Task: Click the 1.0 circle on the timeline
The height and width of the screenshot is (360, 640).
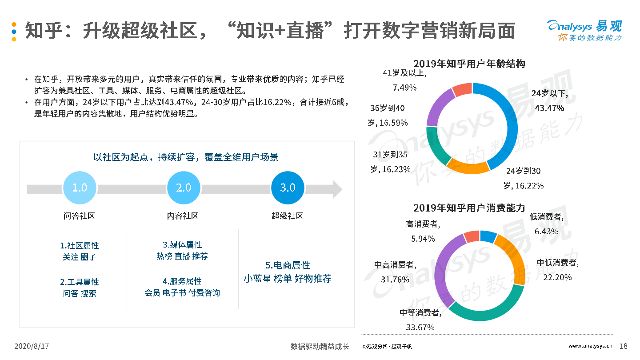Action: click(80, 188)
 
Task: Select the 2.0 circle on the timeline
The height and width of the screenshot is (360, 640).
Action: click(184, 188)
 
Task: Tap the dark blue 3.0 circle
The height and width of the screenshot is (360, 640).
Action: click(288, 188)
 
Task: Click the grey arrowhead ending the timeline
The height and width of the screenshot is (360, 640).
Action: click(337, 189)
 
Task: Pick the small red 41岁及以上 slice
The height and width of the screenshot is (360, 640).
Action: click(462, 90)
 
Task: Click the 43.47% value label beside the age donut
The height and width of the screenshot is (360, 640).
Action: click(549, 108)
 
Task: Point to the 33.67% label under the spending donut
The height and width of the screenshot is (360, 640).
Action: click(420, 327)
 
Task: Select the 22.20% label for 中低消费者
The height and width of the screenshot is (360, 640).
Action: click(557, 277)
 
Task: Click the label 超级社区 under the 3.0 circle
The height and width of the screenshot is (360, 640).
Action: click(288, 216)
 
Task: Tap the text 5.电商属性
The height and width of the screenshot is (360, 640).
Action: click(288, 265)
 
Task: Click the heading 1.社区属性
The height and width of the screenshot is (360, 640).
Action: click(80, 245)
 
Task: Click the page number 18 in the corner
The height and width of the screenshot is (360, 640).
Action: click(623, 346)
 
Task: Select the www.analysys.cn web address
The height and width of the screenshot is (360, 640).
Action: click(591, 346)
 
